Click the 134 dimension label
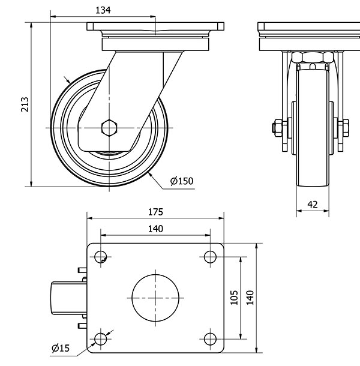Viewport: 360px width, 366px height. tap(103, 10)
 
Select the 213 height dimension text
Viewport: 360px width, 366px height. tap(25, 104)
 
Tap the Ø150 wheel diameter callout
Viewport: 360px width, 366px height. tap(182, 181)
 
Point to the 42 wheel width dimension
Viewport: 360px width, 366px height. tap(313, 204)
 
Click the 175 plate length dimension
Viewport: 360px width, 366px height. tap(155, 212)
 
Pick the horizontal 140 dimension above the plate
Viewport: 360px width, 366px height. tap(155, 228)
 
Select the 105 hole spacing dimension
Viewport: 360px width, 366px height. tap(235, 298)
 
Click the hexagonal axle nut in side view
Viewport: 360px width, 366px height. tap(110, 128)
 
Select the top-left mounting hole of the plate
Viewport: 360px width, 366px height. tap(100, 257)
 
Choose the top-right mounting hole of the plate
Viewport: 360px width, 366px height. tap(210, 257)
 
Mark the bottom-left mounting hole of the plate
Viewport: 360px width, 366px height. tap(100, 340)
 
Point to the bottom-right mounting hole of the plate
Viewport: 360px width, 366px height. tap(210, 340)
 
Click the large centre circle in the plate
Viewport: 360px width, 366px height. tap(155, 298)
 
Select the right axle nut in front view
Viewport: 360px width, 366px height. tap(347, 127)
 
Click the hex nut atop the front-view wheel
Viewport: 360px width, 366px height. tap(312, 58)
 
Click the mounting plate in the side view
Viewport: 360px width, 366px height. tap(155, 28)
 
